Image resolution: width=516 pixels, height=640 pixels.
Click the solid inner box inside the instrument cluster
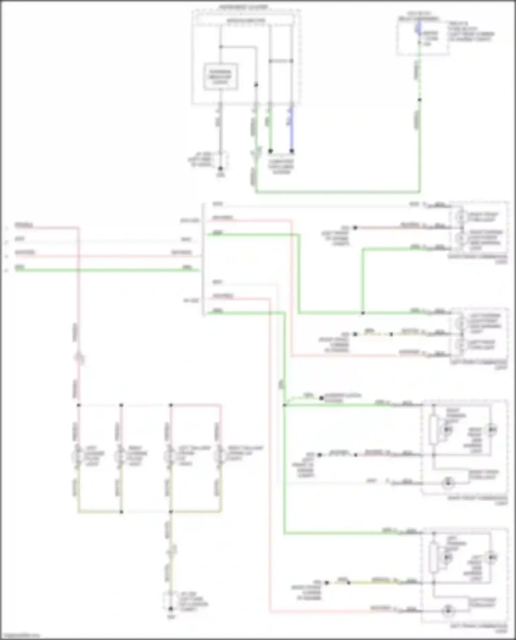[x=221, y=77]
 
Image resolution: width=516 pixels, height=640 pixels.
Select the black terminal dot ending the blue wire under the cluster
[x=292, y=151]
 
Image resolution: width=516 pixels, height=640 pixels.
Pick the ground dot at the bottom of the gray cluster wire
[x=221, y=169]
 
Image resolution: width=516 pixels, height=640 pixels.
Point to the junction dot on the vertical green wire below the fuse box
[x=419, y=100]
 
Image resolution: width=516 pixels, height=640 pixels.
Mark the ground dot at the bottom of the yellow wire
[x=170, y=608]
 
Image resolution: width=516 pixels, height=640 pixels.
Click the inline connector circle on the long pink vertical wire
[x=79, y=359]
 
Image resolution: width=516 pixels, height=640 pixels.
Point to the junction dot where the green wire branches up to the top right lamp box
[x=363, y=313]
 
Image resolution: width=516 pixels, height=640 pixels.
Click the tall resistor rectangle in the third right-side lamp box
[x=433, y=430]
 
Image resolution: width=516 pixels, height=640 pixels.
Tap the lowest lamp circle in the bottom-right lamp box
[x=448, y=611]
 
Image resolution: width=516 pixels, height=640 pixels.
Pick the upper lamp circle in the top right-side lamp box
[x=460, y=217]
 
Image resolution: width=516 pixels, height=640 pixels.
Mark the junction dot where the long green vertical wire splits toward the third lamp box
[x=284, y=405]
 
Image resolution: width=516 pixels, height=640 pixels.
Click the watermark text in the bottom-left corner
[x=20, y=636]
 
